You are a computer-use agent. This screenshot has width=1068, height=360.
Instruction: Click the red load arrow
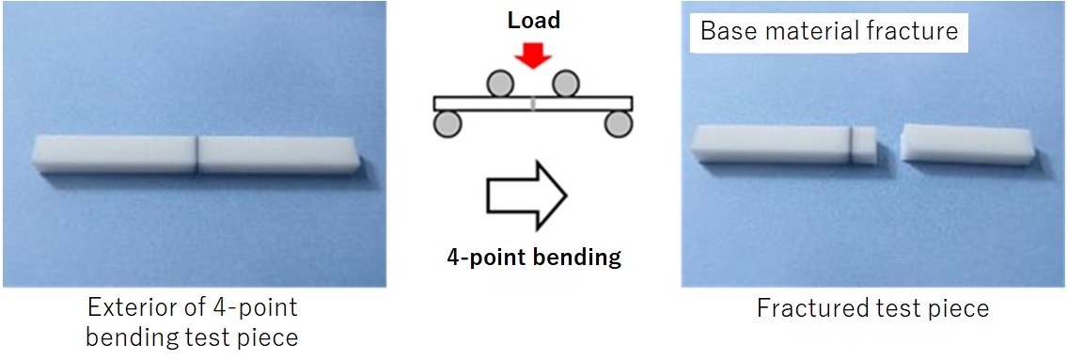tap(533, 55)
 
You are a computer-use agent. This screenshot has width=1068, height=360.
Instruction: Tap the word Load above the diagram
tap(534, 21)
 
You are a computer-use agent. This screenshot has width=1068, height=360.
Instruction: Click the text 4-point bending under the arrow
tap(533, 256)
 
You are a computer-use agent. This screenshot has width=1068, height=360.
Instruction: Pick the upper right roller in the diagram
tap(564, 85)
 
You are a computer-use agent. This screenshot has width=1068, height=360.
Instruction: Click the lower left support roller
tap(447, 123)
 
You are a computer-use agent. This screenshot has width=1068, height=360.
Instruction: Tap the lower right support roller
tap(618, 123)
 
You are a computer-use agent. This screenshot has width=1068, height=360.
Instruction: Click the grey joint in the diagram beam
tap(533, 102)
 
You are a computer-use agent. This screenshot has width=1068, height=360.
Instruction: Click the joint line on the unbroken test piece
tap(196, 154)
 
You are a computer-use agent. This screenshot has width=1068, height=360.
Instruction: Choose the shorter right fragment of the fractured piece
tap(966, 143)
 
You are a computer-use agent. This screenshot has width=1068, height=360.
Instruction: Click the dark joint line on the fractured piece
tap(852, 144)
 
